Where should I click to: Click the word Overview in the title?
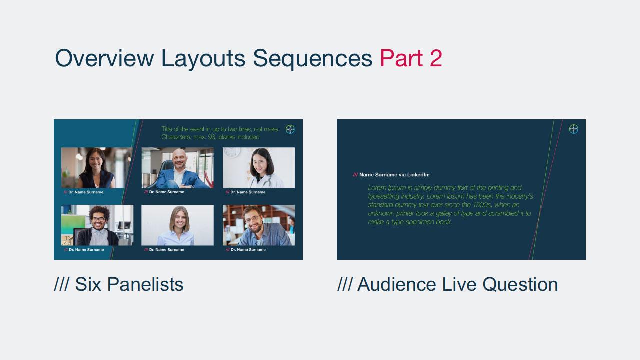104,58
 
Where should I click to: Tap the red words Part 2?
411,58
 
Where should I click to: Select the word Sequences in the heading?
312,59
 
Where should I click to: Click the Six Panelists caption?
119,284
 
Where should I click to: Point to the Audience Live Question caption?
447,284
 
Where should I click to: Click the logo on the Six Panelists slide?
290,129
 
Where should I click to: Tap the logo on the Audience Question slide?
573,129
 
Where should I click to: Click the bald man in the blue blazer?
177,168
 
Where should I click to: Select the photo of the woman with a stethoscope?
259,168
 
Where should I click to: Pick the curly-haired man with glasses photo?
97,225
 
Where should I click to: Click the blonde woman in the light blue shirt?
177,225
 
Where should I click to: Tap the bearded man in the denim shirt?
259,225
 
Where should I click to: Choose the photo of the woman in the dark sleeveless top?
97,168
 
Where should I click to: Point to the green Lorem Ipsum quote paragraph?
450,205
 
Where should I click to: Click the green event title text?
220,133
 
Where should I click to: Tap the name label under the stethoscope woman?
245,192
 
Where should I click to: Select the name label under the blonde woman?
164,249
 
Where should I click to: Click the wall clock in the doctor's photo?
231,152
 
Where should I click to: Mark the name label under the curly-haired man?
84,249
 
